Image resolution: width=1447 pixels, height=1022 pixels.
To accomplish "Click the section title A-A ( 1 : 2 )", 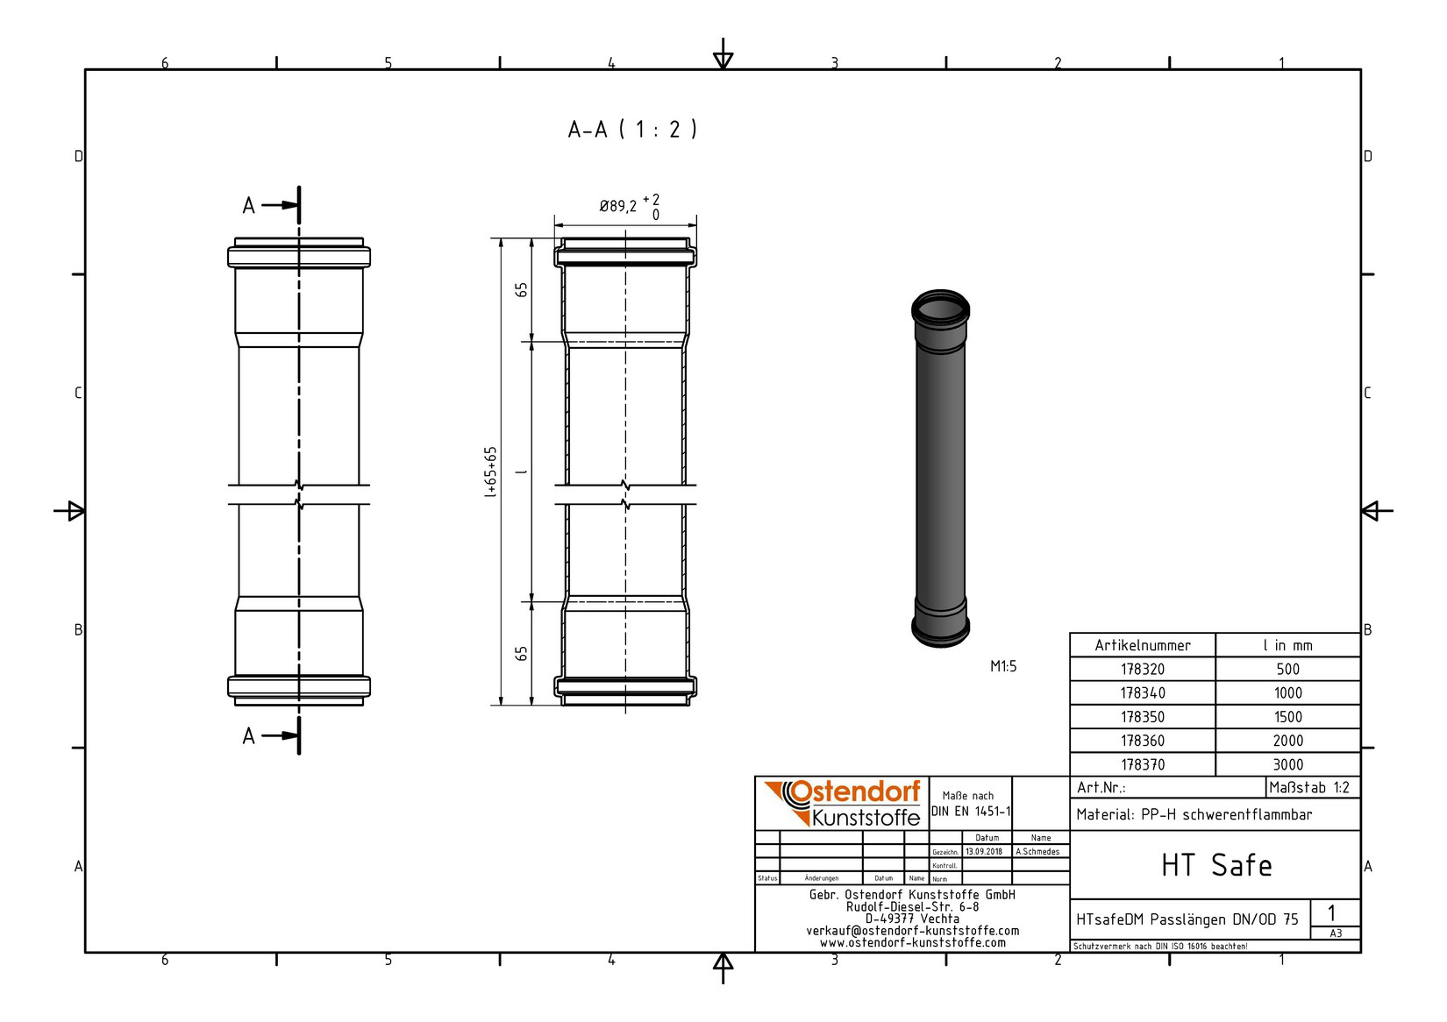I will (x=631, y=130).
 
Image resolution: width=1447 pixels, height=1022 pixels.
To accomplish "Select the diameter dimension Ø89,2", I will (x=618, y=207).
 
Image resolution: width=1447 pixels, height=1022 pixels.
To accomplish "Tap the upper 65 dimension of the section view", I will (x=522, y=290).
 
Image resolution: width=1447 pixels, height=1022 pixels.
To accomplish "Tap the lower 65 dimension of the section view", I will (x=522, y=654).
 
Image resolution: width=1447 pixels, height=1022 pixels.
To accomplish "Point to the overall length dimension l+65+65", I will (x=490, y=472).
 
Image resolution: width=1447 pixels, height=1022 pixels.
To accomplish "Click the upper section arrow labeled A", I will (x=273, y=205).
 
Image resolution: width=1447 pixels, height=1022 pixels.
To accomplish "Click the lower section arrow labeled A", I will (x=273, y=735).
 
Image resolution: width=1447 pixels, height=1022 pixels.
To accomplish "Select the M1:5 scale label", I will (x=1003, y=666).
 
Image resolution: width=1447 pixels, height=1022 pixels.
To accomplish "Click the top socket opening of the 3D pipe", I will (x=940, y=309).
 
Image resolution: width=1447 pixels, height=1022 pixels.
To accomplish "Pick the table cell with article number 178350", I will (x=1143, y=717).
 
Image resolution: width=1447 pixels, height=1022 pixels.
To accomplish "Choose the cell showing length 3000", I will (x=1287, y=764).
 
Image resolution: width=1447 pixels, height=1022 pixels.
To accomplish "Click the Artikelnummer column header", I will (x=1143, y=645).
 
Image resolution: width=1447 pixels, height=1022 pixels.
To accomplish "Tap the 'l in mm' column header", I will (x=1287, y=645).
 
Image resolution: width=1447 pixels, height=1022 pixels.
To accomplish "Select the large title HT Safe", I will (x=1215, y=865).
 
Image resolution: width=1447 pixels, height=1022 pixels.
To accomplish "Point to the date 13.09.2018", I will (x=983, y=851).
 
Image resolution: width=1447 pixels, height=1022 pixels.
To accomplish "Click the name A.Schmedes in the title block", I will (x=1037, y=851).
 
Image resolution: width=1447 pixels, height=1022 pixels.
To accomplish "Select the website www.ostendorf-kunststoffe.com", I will (x=912, y=943).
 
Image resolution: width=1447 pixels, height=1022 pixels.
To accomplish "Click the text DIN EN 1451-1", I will (x=971, y=812).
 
